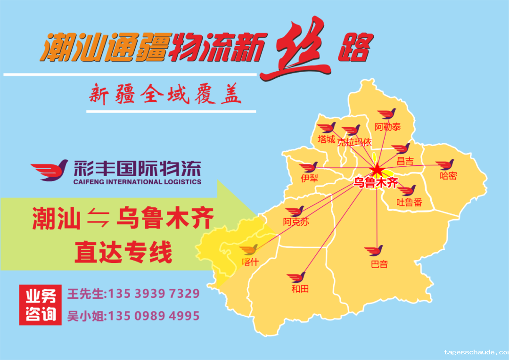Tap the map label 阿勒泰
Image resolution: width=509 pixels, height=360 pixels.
(387, 127)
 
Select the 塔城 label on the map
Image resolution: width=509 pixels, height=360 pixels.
(326, 139)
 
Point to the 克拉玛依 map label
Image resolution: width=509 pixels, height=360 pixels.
(354, 142)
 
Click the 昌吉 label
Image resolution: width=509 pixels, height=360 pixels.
(405, 161)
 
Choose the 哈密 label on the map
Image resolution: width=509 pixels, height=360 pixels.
(448, 176)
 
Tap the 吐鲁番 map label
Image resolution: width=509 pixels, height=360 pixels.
(409, 203)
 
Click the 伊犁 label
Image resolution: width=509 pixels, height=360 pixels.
(309, 179)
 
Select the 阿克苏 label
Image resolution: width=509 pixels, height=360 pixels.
(296, 222)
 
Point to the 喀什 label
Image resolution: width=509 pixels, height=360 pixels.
(250, 262)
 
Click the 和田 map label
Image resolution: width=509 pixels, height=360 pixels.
(300, 289)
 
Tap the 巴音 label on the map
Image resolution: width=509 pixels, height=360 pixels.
(379, 264)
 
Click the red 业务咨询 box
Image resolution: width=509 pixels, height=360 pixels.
(41, 305)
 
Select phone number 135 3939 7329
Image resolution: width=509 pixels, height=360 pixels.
(154, 294)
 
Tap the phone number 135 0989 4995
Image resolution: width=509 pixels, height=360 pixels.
(154, 316)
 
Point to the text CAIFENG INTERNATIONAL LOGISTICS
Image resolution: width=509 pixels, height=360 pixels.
(137, 182)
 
